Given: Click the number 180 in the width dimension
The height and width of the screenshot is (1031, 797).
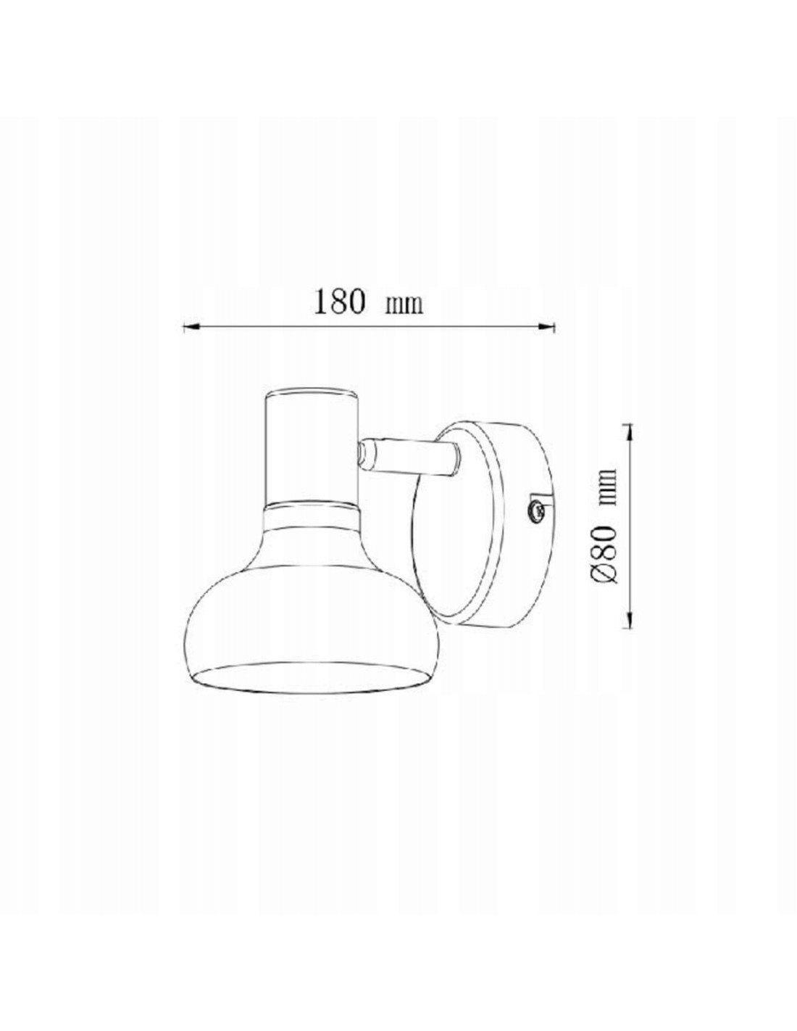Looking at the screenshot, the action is pos(339,302).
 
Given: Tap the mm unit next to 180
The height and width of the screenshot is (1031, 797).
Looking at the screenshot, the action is pos(404,305).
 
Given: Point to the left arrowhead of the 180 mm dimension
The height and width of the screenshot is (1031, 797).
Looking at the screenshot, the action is pos(190,326).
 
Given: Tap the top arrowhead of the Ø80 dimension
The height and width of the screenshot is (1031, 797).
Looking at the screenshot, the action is pos(630,431).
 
